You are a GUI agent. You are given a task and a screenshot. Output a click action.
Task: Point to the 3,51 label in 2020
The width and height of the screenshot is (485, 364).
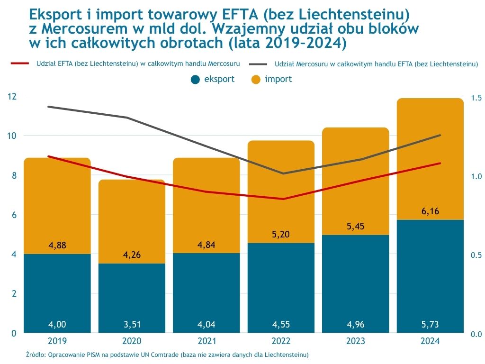132,325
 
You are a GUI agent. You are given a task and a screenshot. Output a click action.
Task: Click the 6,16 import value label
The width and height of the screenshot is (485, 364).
430,211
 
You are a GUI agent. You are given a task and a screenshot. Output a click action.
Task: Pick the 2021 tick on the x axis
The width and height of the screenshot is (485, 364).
206,341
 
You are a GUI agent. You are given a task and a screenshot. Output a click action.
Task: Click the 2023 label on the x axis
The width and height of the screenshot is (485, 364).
355,341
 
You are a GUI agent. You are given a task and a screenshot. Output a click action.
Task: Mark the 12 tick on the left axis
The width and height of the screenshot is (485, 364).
12,96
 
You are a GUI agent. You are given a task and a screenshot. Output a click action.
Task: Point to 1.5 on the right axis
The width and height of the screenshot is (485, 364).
476,98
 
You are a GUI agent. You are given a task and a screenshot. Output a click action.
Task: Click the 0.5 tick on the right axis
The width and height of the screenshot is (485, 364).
476,255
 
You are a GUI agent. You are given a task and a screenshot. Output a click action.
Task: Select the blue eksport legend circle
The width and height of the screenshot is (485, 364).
195,80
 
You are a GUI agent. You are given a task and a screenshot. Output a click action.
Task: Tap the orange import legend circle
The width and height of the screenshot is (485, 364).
256,80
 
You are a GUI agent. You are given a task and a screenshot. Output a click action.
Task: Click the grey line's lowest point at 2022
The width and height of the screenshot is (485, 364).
284,173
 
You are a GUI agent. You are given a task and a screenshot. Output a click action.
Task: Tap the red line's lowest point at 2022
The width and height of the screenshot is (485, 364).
284,199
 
